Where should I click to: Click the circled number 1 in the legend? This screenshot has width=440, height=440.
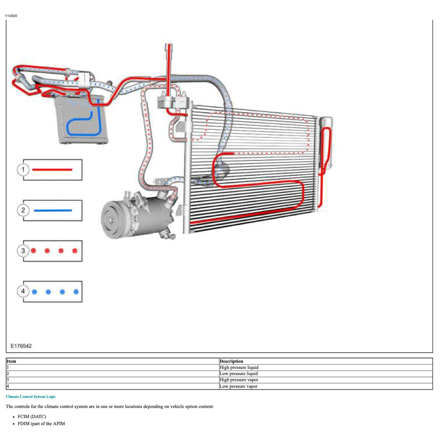(x=23, y=170)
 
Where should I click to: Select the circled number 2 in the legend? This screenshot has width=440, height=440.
(x=23, y=210)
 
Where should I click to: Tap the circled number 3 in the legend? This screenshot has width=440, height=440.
(x=23, y=251)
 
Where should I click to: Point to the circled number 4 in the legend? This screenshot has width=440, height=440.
(x=23, y=291)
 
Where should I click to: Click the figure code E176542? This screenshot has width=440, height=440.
(x=21, y=346)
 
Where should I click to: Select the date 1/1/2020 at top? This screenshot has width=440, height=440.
(x=11, y=16)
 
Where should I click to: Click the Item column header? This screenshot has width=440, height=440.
(x=12, y=361)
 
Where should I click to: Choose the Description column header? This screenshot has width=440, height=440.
(x=231, y=361)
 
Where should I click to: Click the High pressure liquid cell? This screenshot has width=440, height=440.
(x=239, y=368)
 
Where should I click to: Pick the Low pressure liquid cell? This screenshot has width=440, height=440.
(x=238, y=374)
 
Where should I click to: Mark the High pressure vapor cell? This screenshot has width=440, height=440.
(x=239, y=380)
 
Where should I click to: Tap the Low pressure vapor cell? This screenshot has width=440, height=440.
(x=238, y=386)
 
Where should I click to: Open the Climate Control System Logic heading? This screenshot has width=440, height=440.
(x=31, y=397)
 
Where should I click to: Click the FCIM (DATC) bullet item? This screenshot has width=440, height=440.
(x=32, y=416)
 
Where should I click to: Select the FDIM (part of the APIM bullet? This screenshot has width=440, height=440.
(x=41, y=424)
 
